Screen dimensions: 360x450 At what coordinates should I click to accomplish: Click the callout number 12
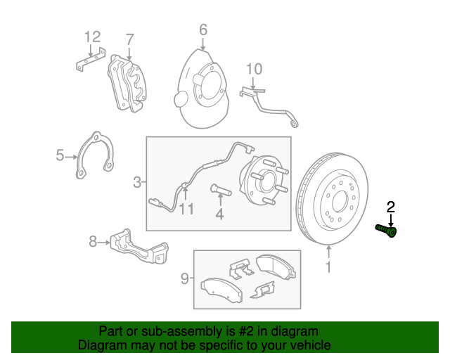(x=93, y=37)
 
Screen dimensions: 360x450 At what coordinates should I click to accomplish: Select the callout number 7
(x=129, y=38)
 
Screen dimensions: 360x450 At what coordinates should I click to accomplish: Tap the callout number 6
(x=202, y=30)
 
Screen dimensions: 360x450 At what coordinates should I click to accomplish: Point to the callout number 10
(x=254, y=68)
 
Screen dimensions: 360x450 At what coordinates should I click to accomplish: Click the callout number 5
(x=60, y=155)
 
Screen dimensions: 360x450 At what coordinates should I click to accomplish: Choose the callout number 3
(x=137, y=184)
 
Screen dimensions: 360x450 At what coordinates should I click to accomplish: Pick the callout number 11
(x=186, y=208)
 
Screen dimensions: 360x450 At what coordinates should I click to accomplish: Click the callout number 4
(x=219, y=214)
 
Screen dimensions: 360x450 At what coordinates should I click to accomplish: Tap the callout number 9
(x=185, y=280)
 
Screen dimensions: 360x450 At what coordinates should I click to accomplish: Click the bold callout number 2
(x=391, y=206)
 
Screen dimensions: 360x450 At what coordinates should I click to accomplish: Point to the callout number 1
(x=328, y=266)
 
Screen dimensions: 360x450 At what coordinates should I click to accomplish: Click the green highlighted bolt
(x=386, y=229)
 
